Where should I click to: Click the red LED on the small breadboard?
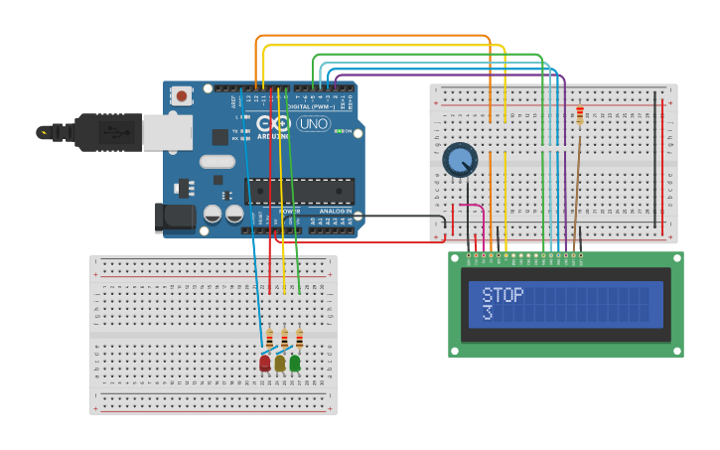pyautogui.click(x=264, y=364)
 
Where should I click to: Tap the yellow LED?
pyautogui.click(x=280, y=364)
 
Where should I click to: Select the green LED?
pyautogui.click(x=295, y=364)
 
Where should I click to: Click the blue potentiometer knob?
pyautogui.click(x=460, y=159)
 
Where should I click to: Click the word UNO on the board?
pyautogui.click(x=314, y=124)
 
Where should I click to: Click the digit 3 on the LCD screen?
pyautogui.click(x=487, y=314)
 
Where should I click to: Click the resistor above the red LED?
pyautogui.click(x=269, y=338)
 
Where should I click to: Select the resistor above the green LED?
pyautogui.click(x=300, y=338)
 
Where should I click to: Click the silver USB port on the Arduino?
pyautogui.click(x=167, y=131)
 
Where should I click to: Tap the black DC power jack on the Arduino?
pyautogui.click(x=176, y=218)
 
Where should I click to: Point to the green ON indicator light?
pyautogui.click(x=339, y=131)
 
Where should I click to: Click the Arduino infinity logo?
pyautogui.click(x=268, y=125)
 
